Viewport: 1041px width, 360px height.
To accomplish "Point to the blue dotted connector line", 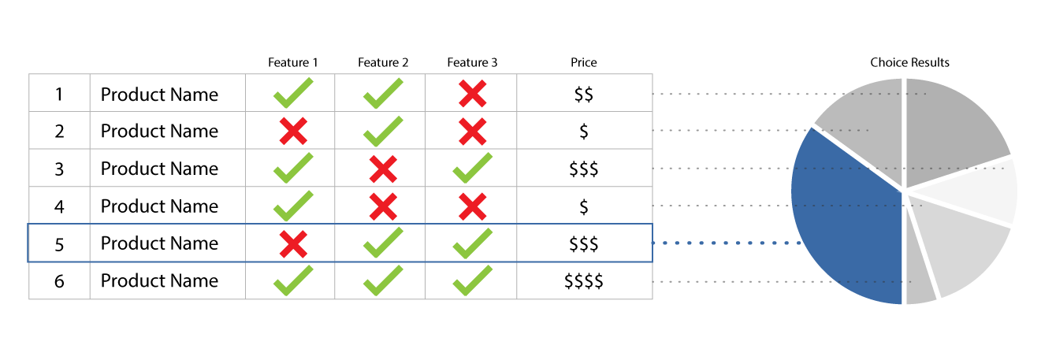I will (x=725, y=243).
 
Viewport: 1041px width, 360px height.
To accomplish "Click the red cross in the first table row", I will (x=473, y=94).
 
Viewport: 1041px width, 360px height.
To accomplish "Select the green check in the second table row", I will (x=383, y=131).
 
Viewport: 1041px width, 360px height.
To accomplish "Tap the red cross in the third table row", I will (x=383, y=169).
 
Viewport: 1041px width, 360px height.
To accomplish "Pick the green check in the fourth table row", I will (x=293, y=206).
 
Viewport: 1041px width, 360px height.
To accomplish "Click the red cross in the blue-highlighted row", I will (x=293, y=244).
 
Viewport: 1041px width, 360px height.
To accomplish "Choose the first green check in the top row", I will (x=293, y=94).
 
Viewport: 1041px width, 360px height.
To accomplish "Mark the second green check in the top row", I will (x=383, y=94).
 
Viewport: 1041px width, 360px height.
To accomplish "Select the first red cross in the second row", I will (x=293, y=131).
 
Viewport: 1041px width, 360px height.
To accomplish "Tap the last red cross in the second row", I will (x=473, y=131).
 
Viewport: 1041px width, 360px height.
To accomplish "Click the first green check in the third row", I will (x=293, y=168).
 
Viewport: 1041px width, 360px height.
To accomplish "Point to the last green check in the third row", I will (x=473, y=168).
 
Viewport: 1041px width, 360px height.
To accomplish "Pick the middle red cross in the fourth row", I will (x=383, y=206).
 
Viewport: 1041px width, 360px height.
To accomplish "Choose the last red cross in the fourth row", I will (x=473, y=206).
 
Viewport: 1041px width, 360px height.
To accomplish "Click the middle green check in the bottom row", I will (x=383, y=281).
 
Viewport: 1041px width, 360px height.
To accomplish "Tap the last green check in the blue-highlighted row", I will (x=473, y=243).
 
